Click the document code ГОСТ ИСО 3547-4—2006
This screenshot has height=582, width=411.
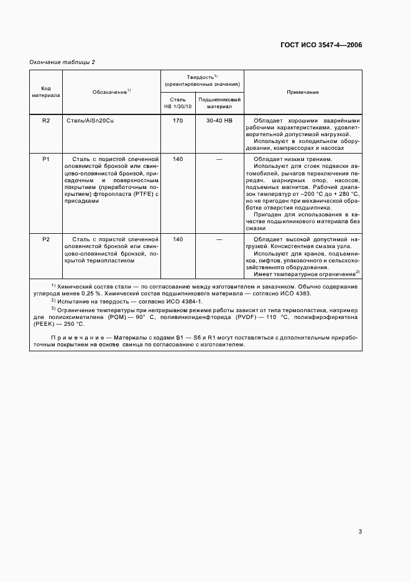click(x=321, y=45)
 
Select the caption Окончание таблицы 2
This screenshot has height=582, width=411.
click(x=62, y=62)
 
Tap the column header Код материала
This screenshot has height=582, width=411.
click(x=46, y=92)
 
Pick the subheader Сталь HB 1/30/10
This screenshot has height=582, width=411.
click(x=177, y=103)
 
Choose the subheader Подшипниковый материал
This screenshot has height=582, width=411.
click(x=219, y=103)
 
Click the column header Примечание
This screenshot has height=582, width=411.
click(x=302, y=92)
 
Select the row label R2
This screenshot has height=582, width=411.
click(x=46, y=121)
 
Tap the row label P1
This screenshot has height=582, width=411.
click(x=46, y=160)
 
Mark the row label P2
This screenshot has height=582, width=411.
click(x=46, y=239)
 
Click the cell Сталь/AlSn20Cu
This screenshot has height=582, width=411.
click(x=90, y=121)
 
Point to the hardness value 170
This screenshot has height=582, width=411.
click(x=177, y=121)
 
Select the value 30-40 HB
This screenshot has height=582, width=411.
click(x=219, y=121)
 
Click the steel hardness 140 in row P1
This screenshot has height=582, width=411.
click(x=177, y=160)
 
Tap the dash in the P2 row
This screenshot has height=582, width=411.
click(x=219, y=239)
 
